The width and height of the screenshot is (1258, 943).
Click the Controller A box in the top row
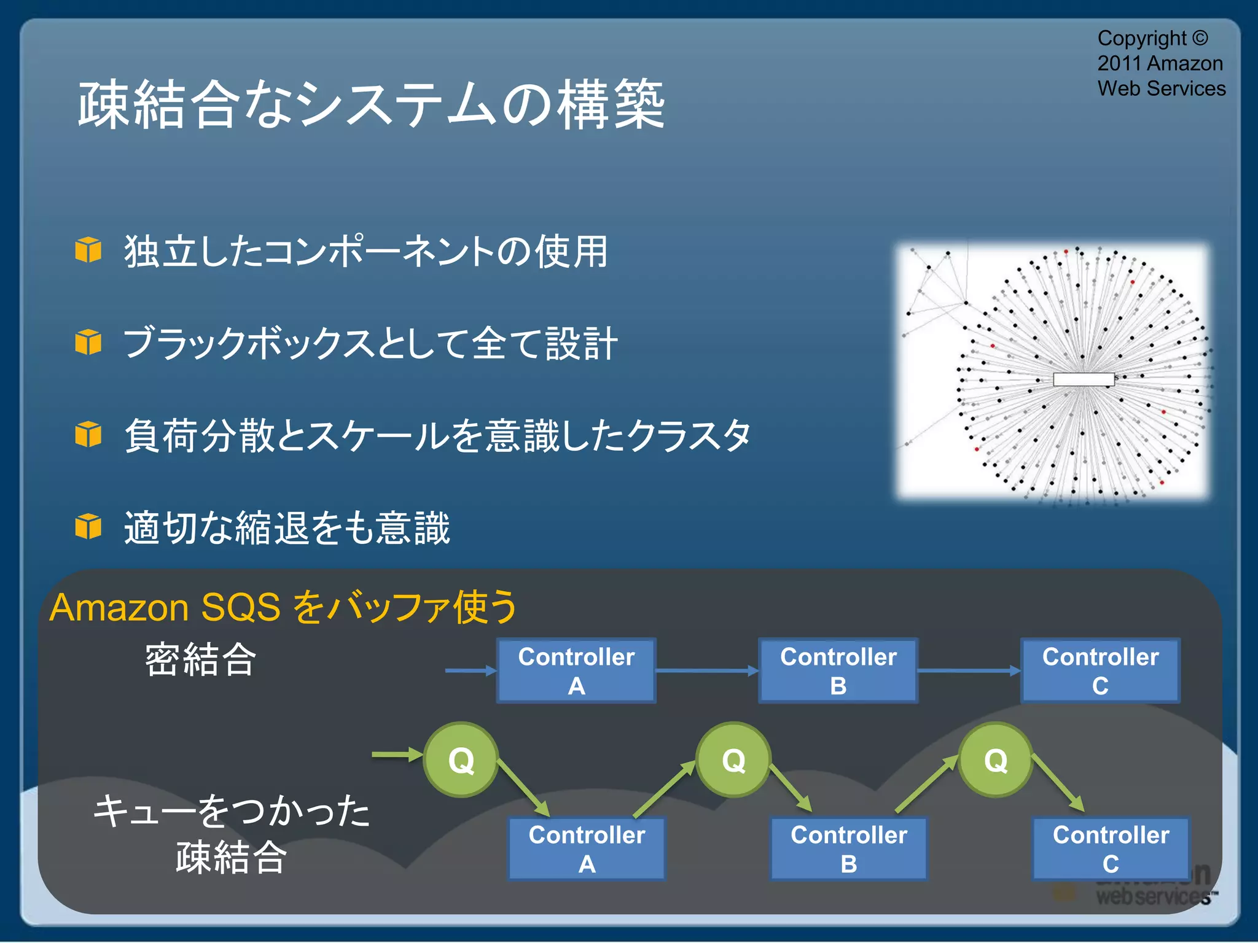576,670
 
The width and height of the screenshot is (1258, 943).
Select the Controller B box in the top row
838,670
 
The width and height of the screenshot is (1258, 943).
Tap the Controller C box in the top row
1100,670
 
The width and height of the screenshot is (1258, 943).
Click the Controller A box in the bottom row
587,848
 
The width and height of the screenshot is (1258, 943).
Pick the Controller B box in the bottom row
848,848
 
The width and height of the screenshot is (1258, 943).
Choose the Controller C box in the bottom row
1111,848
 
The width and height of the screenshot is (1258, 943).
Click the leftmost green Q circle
461,760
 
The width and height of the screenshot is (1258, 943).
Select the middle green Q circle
733,760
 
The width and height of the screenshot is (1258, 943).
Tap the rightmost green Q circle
995,760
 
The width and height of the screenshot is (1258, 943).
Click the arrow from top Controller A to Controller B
706,670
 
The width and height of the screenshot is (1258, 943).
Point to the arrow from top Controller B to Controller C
969,670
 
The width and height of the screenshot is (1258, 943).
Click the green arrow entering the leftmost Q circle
396,755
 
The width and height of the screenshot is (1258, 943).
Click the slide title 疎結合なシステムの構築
372,104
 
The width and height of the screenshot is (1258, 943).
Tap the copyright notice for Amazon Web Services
1160,63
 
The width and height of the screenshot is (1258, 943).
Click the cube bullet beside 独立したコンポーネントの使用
88,250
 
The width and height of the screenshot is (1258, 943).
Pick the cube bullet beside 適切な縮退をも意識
88,526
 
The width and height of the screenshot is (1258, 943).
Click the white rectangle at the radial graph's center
1084,379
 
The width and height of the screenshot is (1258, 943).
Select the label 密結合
200,660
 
